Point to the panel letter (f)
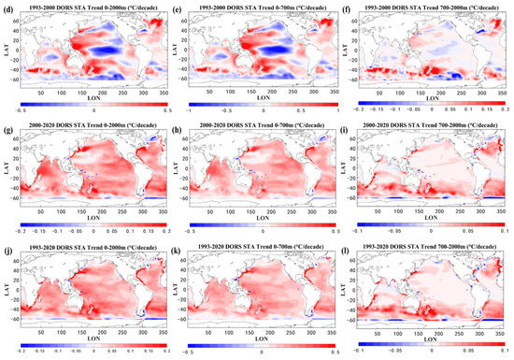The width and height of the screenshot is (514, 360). [350, 7]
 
